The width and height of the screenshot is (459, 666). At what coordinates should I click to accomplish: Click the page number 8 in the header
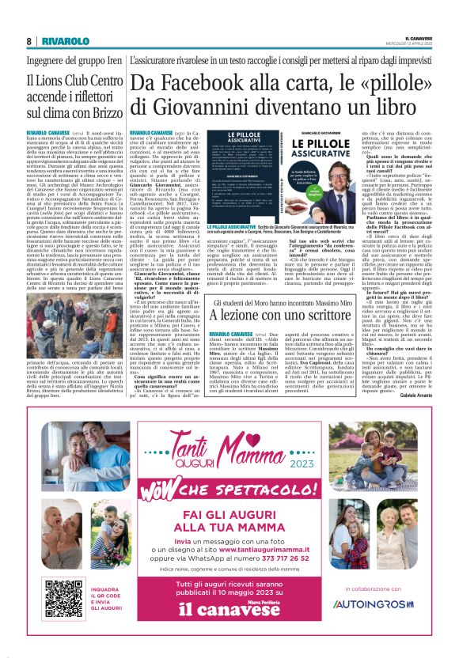pos(28,40)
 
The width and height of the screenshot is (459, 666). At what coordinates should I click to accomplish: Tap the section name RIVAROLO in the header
pos(65,40)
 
